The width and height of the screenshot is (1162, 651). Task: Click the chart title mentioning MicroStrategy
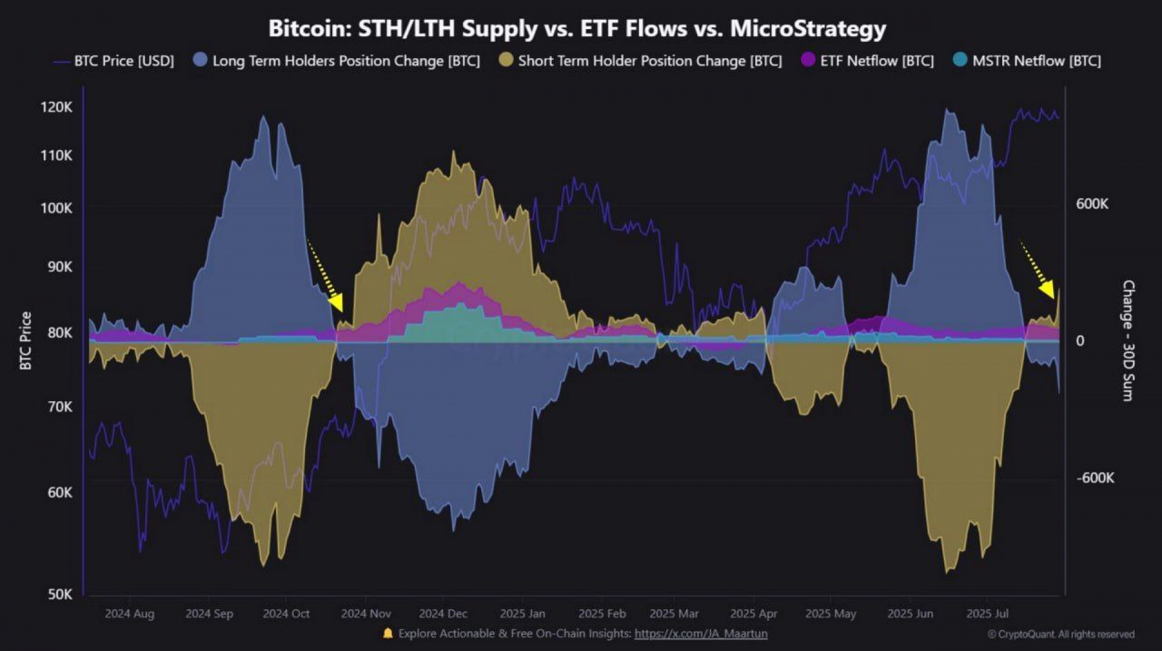(577, 28)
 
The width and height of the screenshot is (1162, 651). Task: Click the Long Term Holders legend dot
(200, 60)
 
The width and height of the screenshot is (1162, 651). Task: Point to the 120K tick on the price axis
(56, 108)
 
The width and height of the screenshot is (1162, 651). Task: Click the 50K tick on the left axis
(60, 594)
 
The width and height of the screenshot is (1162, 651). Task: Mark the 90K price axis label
(60, 267)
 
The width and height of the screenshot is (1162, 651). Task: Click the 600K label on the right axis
(1092, 204)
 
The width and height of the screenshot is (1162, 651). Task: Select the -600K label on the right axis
(1095, 478)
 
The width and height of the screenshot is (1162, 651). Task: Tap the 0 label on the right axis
(1080, 341)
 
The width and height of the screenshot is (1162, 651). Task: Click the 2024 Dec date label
(443, 613)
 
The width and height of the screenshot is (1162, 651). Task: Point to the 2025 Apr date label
(753, 613)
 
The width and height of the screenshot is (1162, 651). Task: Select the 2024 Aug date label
(130, 613)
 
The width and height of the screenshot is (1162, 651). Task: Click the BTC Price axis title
(25, 341)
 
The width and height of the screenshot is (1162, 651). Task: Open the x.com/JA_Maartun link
(701, 633)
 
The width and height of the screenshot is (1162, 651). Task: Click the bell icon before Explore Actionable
(388, 633)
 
